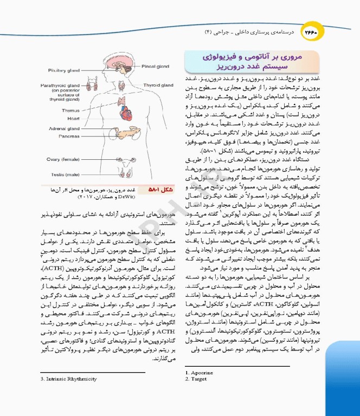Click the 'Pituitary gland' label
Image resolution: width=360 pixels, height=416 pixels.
click(x=63, y=70)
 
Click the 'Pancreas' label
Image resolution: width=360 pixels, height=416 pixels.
click(x=69, y=136)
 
